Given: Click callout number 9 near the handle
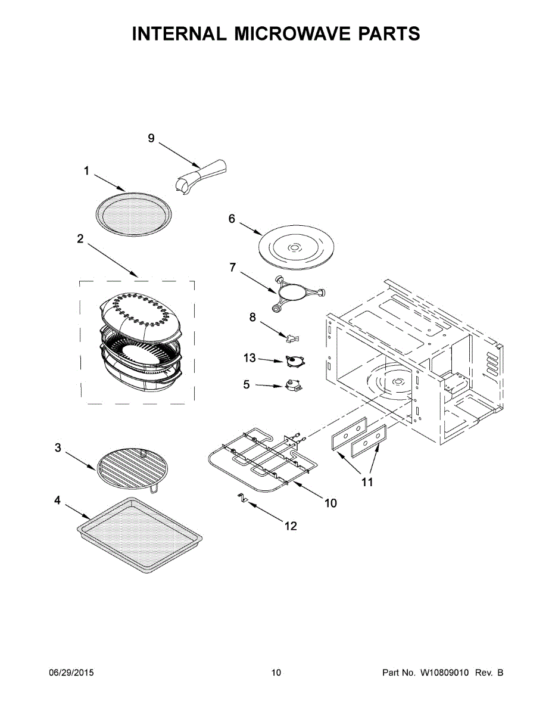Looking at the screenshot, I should [x=151, y=138].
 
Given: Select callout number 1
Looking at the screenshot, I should [x=86, y=171].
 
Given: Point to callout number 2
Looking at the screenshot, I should [x=80, y=239].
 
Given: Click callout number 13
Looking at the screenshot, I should [x=250, y=358].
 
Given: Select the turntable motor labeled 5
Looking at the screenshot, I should [x=292, y=386].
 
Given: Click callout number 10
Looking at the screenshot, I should [x=330, y=503].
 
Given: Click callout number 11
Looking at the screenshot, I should [x=367, y=482].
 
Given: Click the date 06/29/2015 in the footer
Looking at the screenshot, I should [x=71, y=673].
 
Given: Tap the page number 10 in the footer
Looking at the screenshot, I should [x=276, y=673].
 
